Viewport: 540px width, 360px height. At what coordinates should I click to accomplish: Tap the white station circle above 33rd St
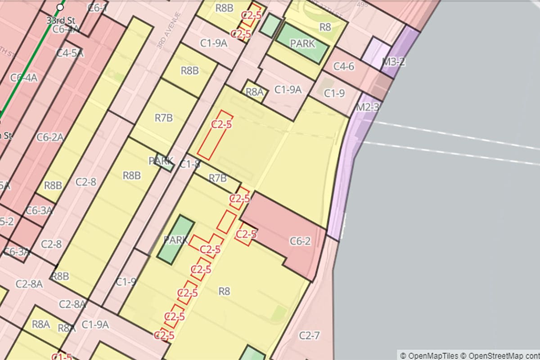60,8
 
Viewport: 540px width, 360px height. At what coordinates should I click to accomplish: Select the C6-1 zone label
98,8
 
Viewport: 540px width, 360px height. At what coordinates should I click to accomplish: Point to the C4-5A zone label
70,53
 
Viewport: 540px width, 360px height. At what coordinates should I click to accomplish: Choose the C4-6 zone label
343,67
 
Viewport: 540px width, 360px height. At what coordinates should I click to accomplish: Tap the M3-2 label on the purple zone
393,62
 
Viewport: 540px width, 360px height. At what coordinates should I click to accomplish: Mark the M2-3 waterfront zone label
367,108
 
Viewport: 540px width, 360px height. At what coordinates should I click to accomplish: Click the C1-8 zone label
189,164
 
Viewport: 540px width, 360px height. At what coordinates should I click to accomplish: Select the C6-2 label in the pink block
300,241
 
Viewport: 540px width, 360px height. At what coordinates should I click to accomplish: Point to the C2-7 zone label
309,335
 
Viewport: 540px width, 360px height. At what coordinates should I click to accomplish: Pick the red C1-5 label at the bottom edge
62,357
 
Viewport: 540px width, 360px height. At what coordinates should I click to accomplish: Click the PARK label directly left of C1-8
161,161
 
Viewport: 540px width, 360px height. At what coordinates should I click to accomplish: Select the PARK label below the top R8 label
302,44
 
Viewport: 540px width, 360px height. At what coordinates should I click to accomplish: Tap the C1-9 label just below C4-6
334,93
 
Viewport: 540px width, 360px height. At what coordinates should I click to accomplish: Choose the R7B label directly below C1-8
218,178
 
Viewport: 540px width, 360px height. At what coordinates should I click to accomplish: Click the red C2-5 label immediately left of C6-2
246,234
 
